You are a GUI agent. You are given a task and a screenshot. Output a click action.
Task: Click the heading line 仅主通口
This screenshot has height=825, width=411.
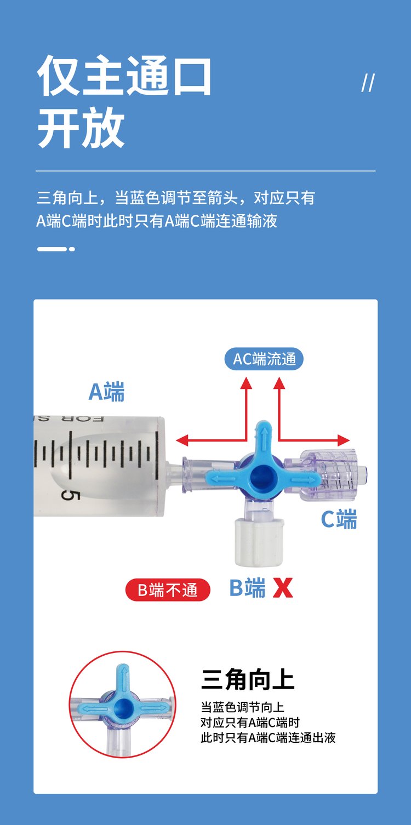click(x=124, y=76)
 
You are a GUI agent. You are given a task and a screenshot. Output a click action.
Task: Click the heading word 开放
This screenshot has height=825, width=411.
click(x=81, y=128)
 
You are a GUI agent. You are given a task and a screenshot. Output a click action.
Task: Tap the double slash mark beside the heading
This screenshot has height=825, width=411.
click(x=368, y=83)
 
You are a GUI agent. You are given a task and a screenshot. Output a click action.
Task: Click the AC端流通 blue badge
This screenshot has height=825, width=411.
click(x=264, y=359)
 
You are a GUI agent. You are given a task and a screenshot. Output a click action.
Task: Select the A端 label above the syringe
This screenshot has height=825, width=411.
click(x=106, y=392)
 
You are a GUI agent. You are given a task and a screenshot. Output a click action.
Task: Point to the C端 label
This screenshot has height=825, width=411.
click(x=339, y=519)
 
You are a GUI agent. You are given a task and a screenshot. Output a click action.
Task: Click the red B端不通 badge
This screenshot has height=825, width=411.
click(x=168, y=590)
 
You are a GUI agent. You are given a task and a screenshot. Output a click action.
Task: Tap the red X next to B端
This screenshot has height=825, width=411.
click(x=283, y=588)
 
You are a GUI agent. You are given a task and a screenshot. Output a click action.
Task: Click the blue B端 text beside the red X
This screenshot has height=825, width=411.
click(x=247, y=587)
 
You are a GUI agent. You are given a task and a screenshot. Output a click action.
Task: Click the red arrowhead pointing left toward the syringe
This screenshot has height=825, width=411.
click(x=182, y=440)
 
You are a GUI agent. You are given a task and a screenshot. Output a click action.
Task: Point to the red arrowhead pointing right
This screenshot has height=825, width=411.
click(x=344, y=440)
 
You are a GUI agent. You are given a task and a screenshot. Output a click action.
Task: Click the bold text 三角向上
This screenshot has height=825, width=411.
click(x=248, y=680)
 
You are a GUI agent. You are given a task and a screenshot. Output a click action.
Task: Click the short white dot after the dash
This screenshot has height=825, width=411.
click(x=72, y=249)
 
